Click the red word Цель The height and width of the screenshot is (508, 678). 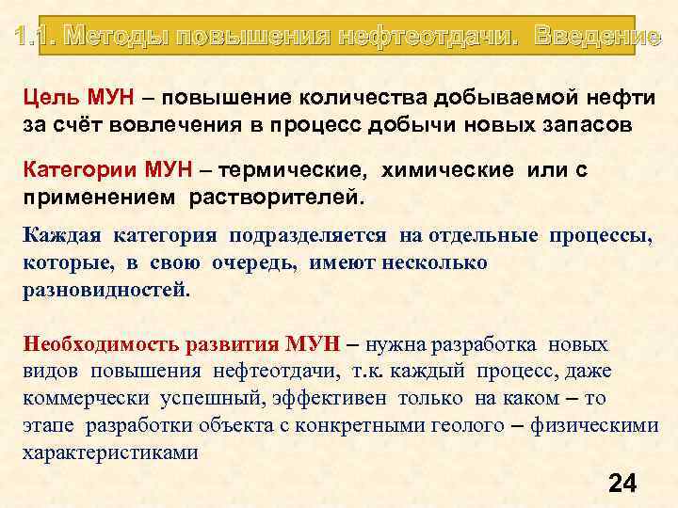51,99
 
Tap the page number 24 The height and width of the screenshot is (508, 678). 622,484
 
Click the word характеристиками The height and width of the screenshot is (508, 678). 110,452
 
